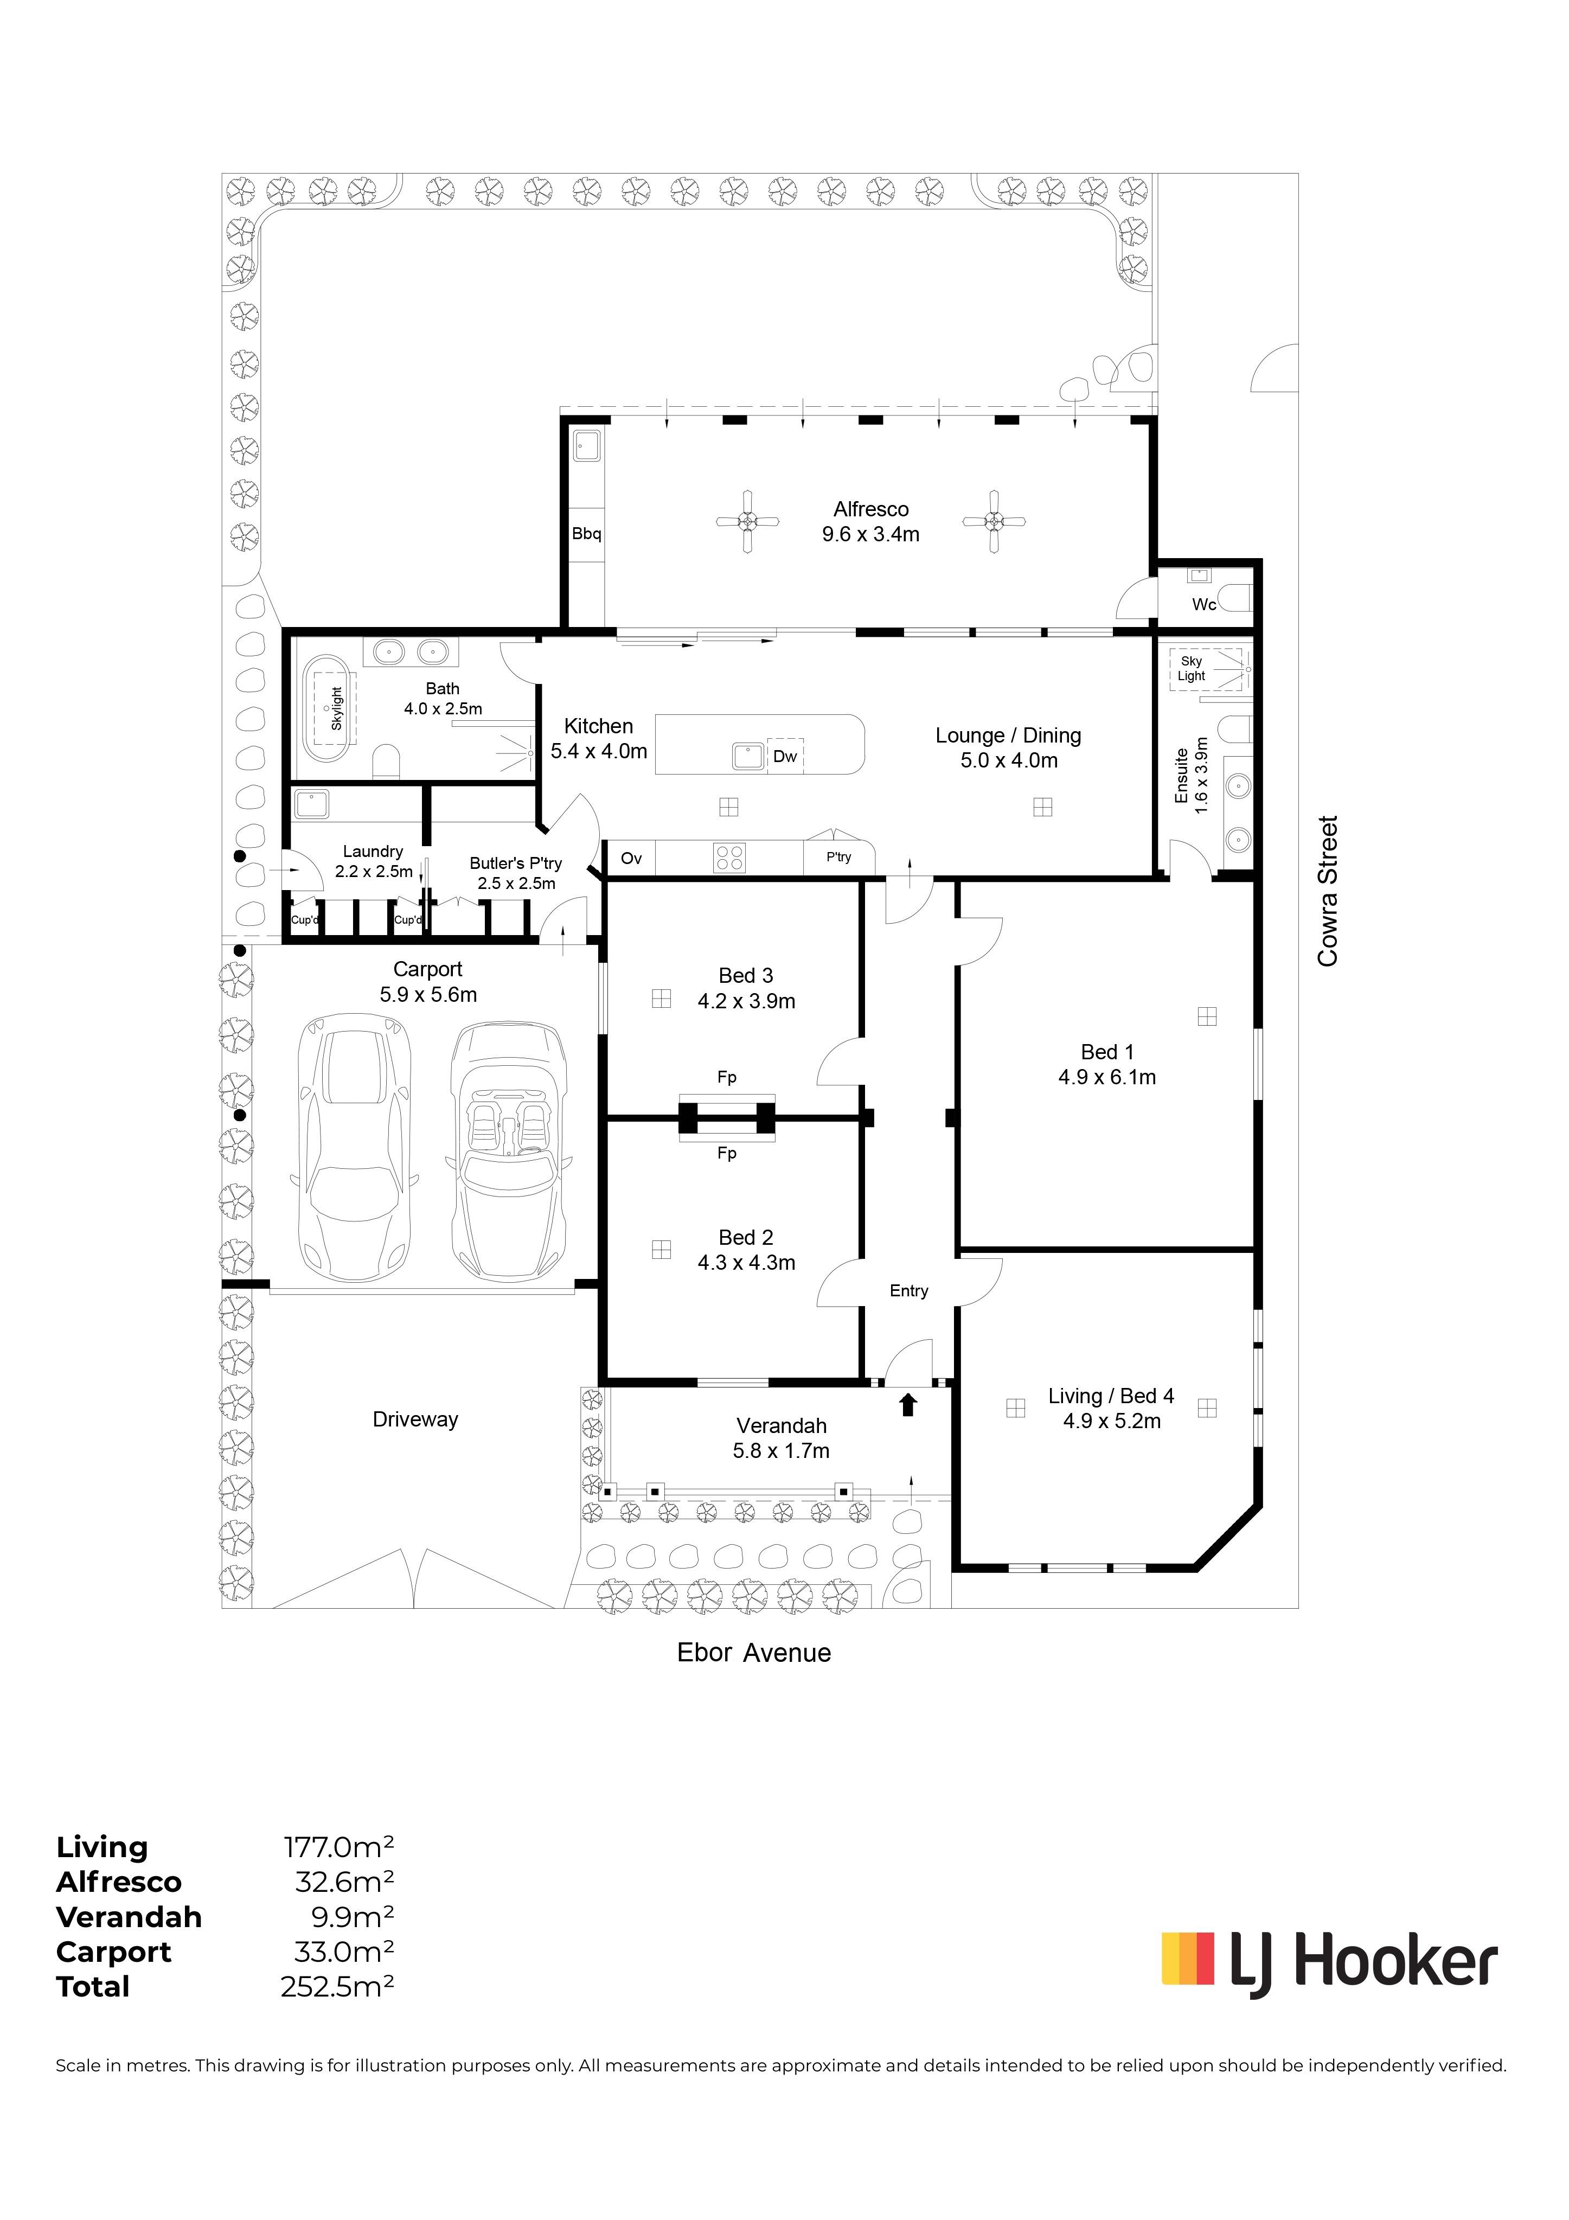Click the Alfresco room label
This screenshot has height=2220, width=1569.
(871, 509)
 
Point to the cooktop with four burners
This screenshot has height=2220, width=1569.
(729, 858)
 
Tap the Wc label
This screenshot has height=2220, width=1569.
(1203, 604)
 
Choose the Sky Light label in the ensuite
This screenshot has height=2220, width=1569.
(1191, 668)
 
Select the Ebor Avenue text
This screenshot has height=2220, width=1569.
(754, 1653)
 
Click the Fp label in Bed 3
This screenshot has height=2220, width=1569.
(727, 1077)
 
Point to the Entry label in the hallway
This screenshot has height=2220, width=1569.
(909, 1291)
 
